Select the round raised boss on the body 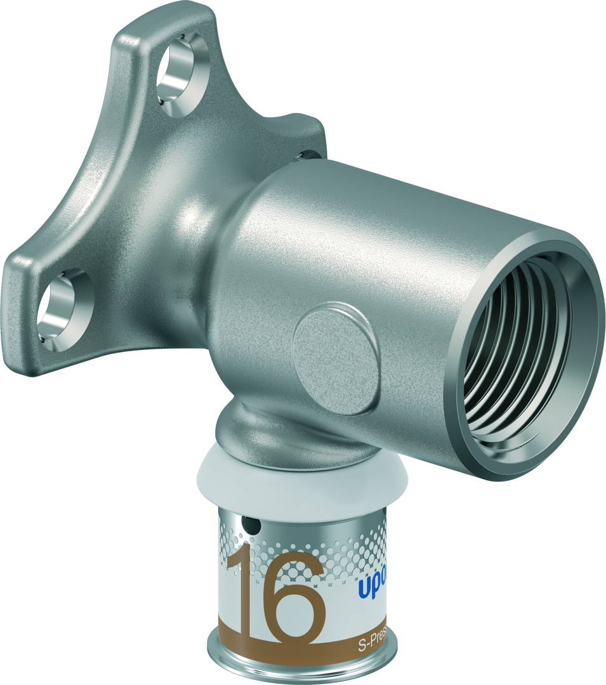(x=336, y=348)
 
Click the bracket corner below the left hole (x=38, y=355)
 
